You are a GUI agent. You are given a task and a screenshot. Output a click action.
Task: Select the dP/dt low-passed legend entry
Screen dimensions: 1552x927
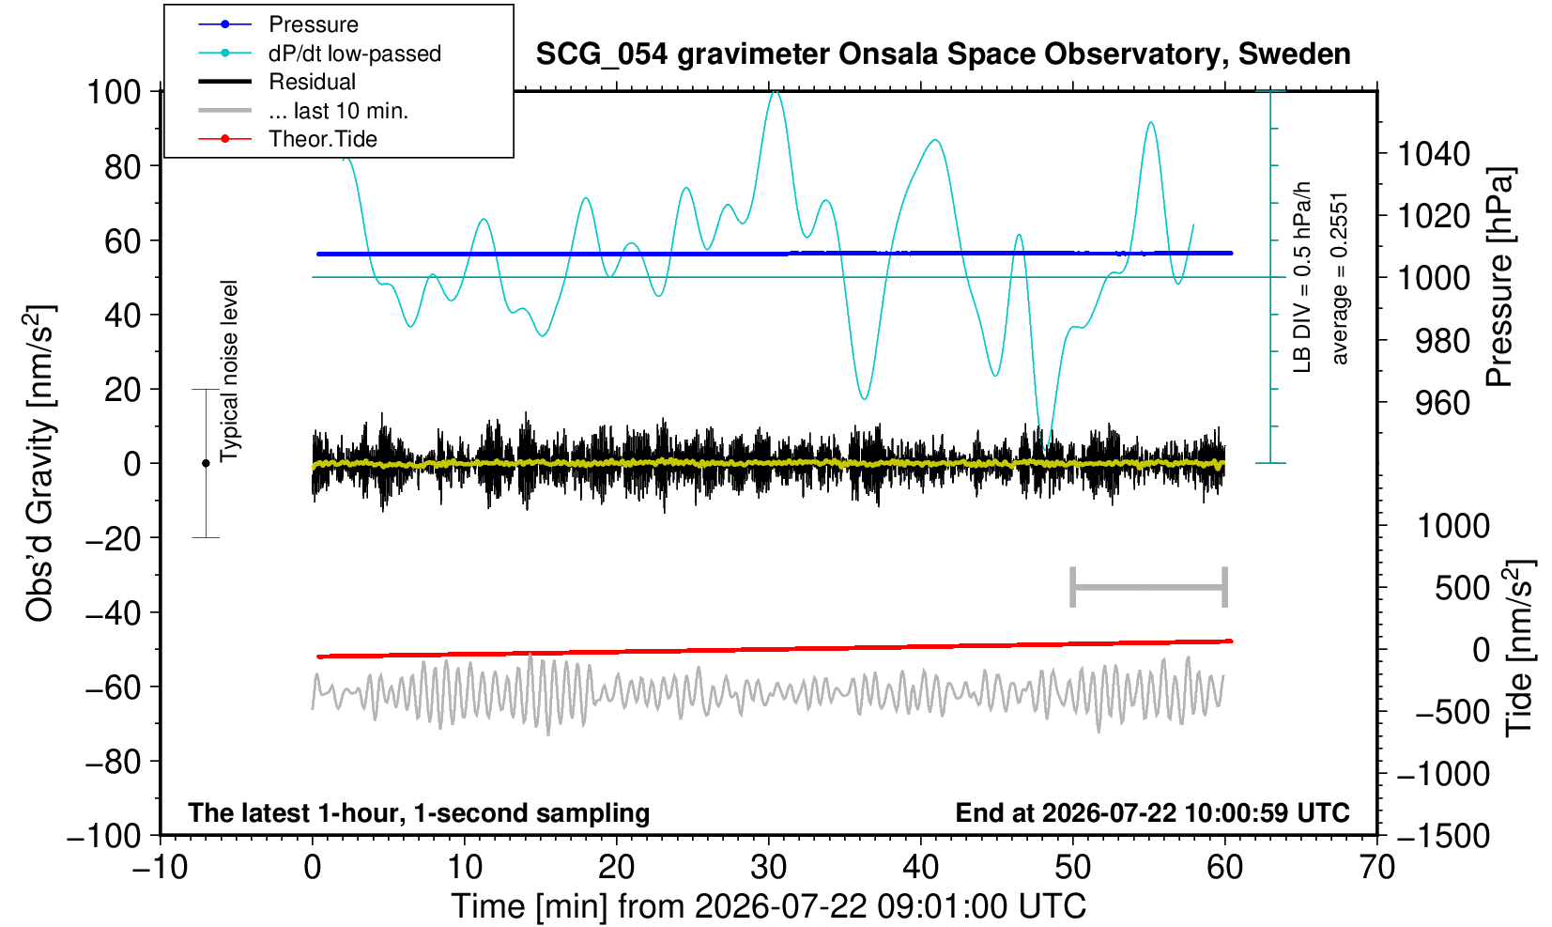click(x=319, y=54)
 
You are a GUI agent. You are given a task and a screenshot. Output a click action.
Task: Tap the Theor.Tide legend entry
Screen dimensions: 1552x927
click(x=287, y=139)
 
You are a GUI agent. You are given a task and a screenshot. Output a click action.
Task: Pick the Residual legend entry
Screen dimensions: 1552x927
click(x=277, y=82)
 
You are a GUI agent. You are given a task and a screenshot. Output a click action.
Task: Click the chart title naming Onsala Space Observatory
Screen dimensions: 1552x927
click(x=943, y=54)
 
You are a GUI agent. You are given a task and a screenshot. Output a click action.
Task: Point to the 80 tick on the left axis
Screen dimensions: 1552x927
click(x=122, y=166)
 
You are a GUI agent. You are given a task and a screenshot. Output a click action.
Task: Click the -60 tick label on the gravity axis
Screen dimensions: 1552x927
click(x=113, y=688)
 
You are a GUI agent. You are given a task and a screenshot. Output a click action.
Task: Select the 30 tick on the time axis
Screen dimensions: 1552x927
click(x=768, y=867)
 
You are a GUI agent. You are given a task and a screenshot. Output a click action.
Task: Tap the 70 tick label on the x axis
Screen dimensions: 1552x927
click(x=1376, y=867)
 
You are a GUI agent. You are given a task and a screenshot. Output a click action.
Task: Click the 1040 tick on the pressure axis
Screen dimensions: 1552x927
click(x=1432, y=154)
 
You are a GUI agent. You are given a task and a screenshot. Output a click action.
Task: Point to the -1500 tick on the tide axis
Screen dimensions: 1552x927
click(x=1442, y=836)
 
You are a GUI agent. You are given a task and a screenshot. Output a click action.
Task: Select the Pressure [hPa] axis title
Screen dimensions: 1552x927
click(x=1500, y=277)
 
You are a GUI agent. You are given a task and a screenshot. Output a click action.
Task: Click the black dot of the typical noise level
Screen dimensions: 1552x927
click(x=206, y=463)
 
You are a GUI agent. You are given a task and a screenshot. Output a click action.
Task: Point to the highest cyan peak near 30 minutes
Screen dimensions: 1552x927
click(x=776, y=91)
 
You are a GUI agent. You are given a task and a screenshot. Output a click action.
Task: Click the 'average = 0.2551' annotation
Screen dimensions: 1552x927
click(x=1340, y=278)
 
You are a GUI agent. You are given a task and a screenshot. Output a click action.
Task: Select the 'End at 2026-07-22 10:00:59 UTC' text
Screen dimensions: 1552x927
click(x=1152, y=812)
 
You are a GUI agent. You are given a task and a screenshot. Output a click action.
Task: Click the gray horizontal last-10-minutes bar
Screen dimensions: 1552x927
click(x=1149, y=587)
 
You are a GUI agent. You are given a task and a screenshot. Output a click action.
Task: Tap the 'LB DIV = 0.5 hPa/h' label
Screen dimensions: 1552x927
click(x=1302, y=277)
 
